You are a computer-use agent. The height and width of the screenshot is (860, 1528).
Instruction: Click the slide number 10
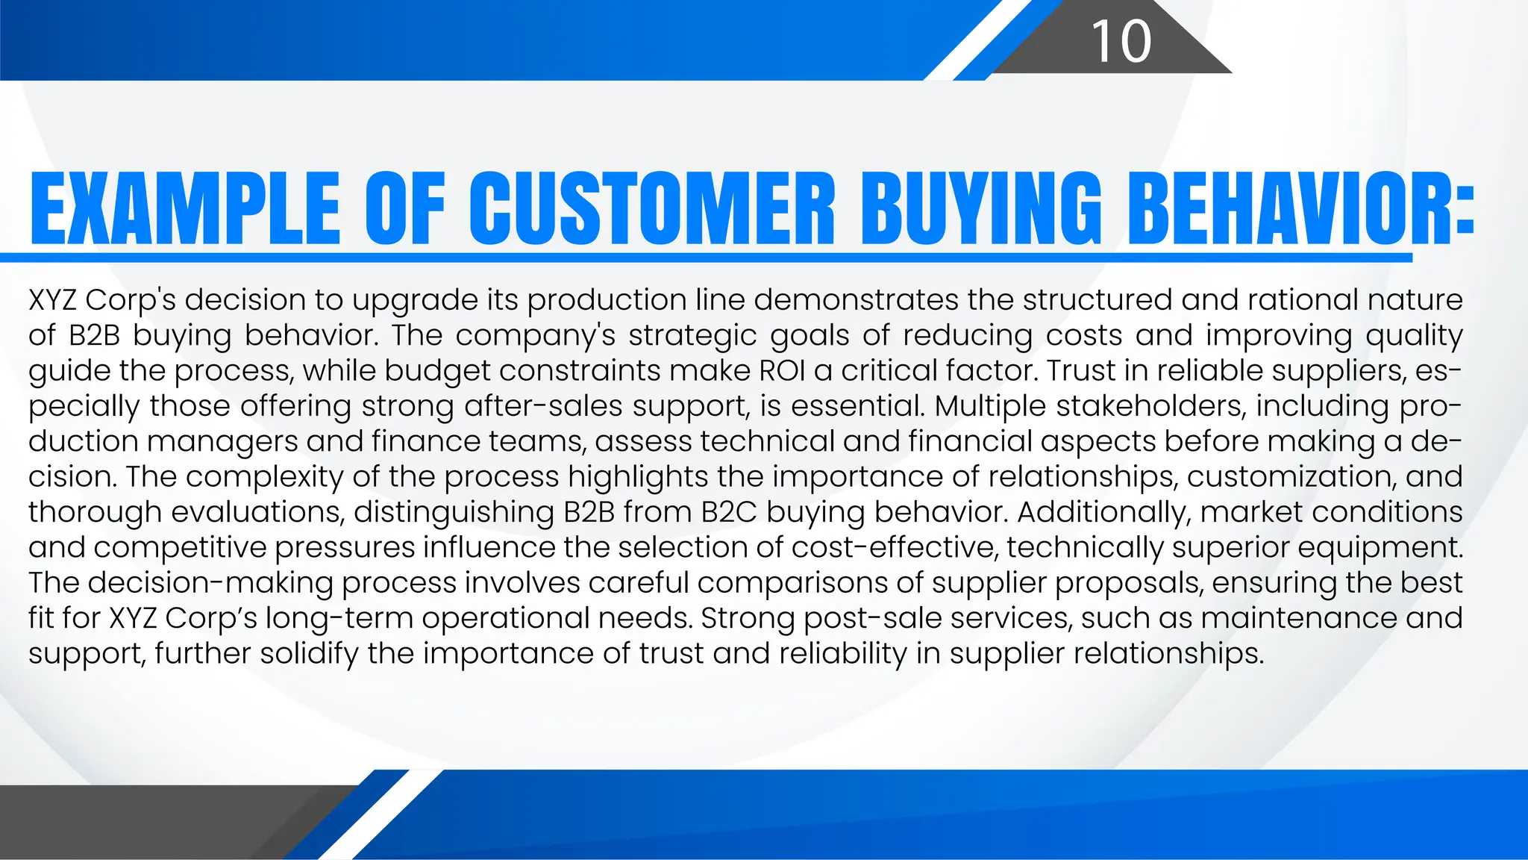coord(1121,41)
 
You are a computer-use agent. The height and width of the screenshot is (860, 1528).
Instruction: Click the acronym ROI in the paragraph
coord(783,371)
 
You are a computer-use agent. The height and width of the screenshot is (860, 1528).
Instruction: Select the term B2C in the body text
coord(730,512)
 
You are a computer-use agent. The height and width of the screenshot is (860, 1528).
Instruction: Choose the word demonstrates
coord(856,300)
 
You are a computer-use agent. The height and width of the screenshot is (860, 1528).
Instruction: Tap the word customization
coord(1292,477)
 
